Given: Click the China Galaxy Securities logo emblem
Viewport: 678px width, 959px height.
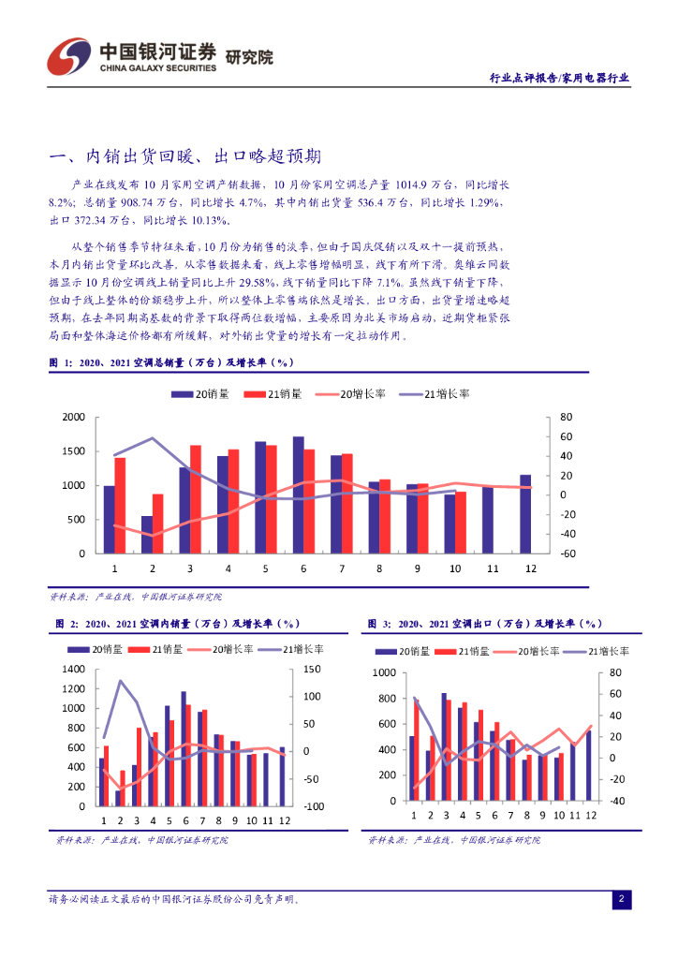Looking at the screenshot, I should (70, 55).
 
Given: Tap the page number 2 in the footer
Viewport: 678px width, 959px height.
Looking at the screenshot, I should (620, 900).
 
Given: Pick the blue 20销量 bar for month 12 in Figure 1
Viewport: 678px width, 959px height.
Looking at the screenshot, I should (525, 514).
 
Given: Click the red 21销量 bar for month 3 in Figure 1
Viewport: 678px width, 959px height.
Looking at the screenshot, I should (196, 499).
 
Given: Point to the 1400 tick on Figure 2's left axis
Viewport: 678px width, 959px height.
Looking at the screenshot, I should (73, 669).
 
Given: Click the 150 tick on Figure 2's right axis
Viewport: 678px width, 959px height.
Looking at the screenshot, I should (313, 669).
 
